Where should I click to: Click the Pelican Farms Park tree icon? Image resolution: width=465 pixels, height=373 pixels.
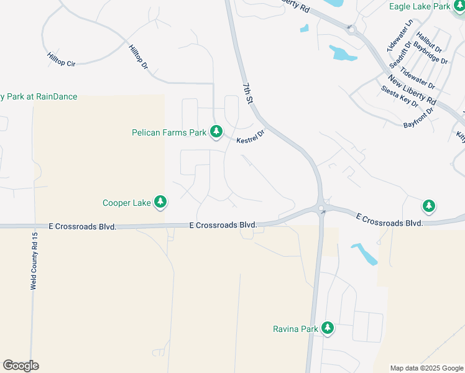click(216, 132)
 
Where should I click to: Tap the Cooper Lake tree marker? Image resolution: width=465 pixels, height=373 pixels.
click(160, 202)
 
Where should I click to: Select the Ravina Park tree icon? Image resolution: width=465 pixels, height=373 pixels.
click(327, 328)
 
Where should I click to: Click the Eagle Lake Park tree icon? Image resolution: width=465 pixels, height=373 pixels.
click(458, 7)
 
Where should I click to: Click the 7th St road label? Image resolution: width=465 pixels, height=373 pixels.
click(249, 91)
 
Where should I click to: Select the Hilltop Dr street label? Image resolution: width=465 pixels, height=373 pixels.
click(138, 57)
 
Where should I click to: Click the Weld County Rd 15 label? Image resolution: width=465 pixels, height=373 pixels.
click(35, 262)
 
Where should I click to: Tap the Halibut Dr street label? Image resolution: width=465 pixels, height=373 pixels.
click(429, 42)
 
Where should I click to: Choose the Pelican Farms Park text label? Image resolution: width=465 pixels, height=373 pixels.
click(169, 132)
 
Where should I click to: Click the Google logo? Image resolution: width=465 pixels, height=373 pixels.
click(21, 366)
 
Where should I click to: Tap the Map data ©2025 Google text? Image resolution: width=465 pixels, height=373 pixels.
click(426, 368)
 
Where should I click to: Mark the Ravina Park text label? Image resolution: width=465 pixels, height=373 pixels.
click(295, 329)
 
